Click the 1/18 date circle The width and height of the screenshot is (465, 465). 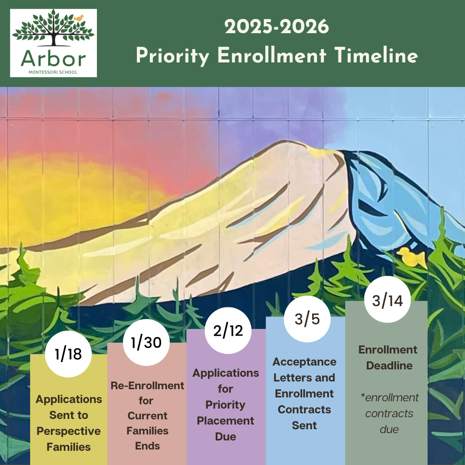tap(68, 354)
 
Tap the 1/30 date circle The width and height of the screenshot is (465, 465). tap(146, 343)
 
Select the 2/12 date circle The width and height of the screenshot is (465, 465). tap(228, 330)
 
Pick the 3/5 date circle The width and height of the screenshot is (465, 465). tap(307, 319)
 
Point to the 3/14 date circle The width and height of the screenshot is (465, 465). tap(387, 300)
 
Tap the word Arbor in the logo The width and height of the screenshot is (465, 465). tap(53, 59)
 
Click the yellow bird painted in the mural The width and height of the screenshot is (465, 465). tap(412, 257)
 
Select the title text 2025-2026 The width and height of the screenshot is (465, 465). tap(277, 26)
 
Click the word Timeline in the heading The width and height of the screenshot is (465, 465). tap(376, 55)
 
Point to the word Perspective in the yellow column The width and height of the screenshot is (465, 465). tap(68, 431)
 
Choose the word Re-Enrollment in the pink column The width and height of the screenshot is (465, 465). tap(147, 385)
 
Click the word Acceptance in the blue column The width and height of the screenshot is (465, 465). tap(304, 362)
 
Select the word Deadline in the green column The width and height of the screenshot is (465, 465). tap(389, 366)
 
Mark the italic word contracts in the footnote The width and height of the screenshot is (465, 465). tap(389, 413)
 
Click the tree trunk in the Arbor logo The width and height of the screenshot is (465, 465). tap(54, 37)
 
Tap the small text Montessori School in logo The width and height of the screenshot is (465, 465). tap(53, 72)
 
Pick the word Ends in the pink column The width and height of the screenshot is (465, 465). tap(147, 446)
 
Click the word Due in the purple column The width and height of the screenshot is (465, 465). tap(226, 437)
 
